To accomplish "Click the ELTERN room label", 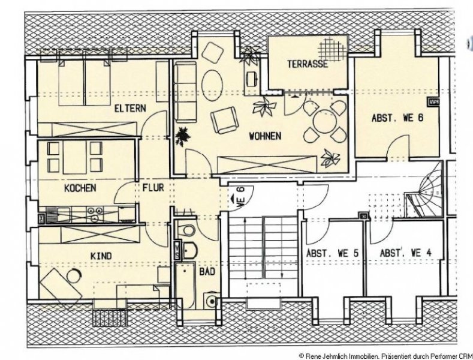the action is click(130, 109).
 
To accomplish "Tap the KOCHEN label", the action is click(80, 188).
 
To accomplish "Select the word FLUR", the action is click(153, 188).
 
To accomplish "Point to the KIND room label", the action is click(101, 256).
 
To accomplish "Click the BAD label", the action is click(207, 272).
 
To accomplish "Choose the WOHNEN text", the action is click(265, 136).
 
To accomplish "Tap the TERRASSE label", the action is click(308, 64).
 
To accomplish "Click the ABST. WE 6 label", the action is click(397, 118).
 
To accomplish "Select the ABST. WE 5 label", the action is click(333, 253).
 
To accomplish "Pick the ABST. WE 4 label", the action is click(406, 253).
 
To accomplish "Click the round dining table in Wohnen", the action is click(324, 122).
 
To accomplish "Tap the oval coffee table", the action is click(212, 85).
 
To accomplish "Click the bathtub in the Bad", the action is click(184, 286).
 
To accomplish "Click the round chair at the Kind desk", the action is click(74, 276).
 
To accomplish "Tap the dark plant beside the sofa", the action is click(183, 136).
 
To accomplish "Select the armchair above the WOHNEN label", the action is click(224, 120).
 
